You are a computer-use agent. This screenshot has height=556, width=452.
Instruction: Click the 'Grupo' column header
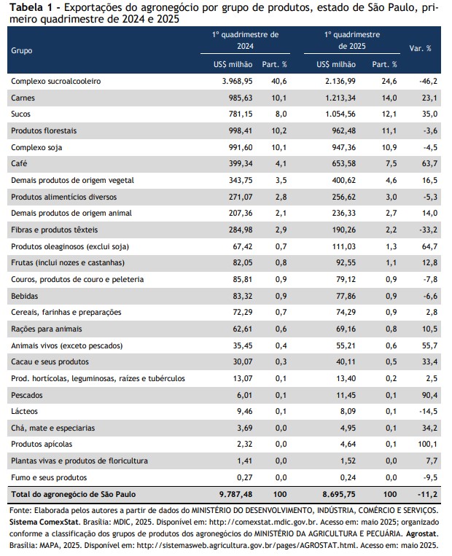pos(22,50)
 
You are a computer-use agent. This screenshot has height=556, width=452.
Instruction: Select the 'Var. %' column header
pos(420,48)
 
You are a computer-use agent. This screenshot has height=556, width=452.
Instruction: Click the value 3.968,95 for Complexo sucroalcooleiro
pos(238,81)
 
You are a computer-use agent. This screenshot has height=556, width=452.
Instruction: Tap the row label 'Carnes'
pos(23,98)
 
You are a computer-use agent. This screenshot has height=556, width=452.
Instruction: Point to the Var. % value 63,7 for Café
pos(429,163)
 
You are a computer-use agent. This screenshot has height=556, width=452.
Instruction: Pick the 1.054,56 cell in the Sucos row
pos(340,114)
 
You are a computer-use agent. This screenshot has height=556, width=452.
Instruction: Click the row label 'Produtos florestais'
pos(44,130)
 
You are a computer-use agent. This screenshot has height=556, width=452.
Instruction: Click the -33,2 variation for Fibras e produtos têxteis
pos(428,230)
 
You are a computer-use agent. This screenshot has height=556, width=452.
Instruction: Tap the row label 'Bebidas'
pos(25,296)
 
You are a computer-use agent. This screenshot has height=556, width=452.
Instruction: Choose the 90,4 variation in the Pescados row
pos(429,395)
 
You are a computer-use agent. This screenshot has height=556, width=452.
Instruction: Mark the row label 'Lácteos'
pos(25,411)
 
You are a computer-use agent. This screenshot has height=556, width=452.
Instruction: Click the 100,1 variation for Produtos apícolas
pos(428,444)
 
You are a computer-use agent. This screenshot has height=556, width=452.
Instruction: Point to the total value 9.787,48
pos(236,494)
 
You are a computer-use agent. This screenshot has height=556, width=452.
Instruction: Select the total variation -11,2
pos(428,494)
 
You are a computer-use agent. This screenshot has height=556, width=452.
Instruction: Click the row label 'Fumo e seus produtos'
pos(49,477)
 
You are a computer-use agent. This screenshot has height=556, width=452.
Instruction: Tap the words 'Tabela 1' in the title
pos(31,7)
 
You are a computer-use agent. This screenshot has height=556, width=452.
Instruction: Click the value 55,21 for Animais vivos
pos(346,345)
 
